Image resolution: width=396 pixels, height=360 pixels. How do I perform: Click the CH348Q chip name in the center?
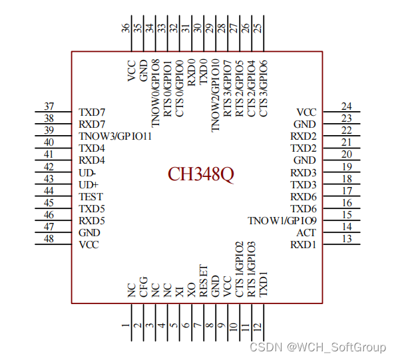click(201, 174)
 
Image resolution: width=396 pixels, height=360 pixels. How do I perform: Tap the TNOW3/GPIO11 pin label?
click(115, 136)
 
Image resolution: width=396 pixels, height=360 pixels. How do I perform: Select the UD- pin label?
click(87, 173)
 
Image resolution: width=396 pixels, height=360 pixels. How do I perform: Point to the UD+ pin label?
click(89, 185)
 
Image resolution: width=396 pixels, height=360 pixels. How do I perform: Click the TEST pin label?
click(91, 197)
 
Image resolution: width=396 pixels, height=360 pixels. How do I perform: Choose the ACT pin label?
click(306, 233)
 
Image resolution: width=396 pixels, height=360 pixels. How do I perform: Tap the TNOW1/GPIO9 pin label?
click(282, 221)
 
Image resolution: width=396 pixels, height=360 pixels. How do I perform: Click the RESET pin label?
click(204, 280)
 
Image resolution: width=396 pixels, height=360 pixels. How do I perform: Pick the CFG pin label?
click(144, 287)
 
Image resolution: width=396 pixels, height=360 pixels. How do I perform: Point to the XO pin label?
click(192, 289)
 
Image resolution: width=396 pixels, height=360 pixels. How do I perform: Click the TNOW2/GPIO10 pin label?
click(216, 95)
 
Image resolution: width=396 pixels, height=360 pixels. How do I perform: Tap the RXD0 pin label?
click(192, 73)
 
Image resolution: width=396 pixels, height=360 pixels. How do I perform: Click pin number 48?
click(49, 239)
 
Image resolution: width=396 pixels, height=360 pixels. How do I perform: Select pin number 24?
click(347, 106)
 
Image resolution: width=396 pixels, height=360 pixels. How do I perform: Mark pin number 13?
click(347, 239)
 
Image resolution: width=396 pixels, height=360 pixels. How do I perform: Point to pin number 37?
click(49, 106)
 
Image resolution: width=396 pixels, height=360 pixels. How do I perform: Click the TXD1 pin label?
click(264, 284)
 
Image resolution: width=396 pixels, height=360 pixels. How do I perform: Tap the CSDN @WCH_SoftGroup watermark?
click(317, 347)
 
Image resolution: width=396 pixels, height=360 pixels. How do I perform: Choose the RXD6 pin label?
click(303, 197)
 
